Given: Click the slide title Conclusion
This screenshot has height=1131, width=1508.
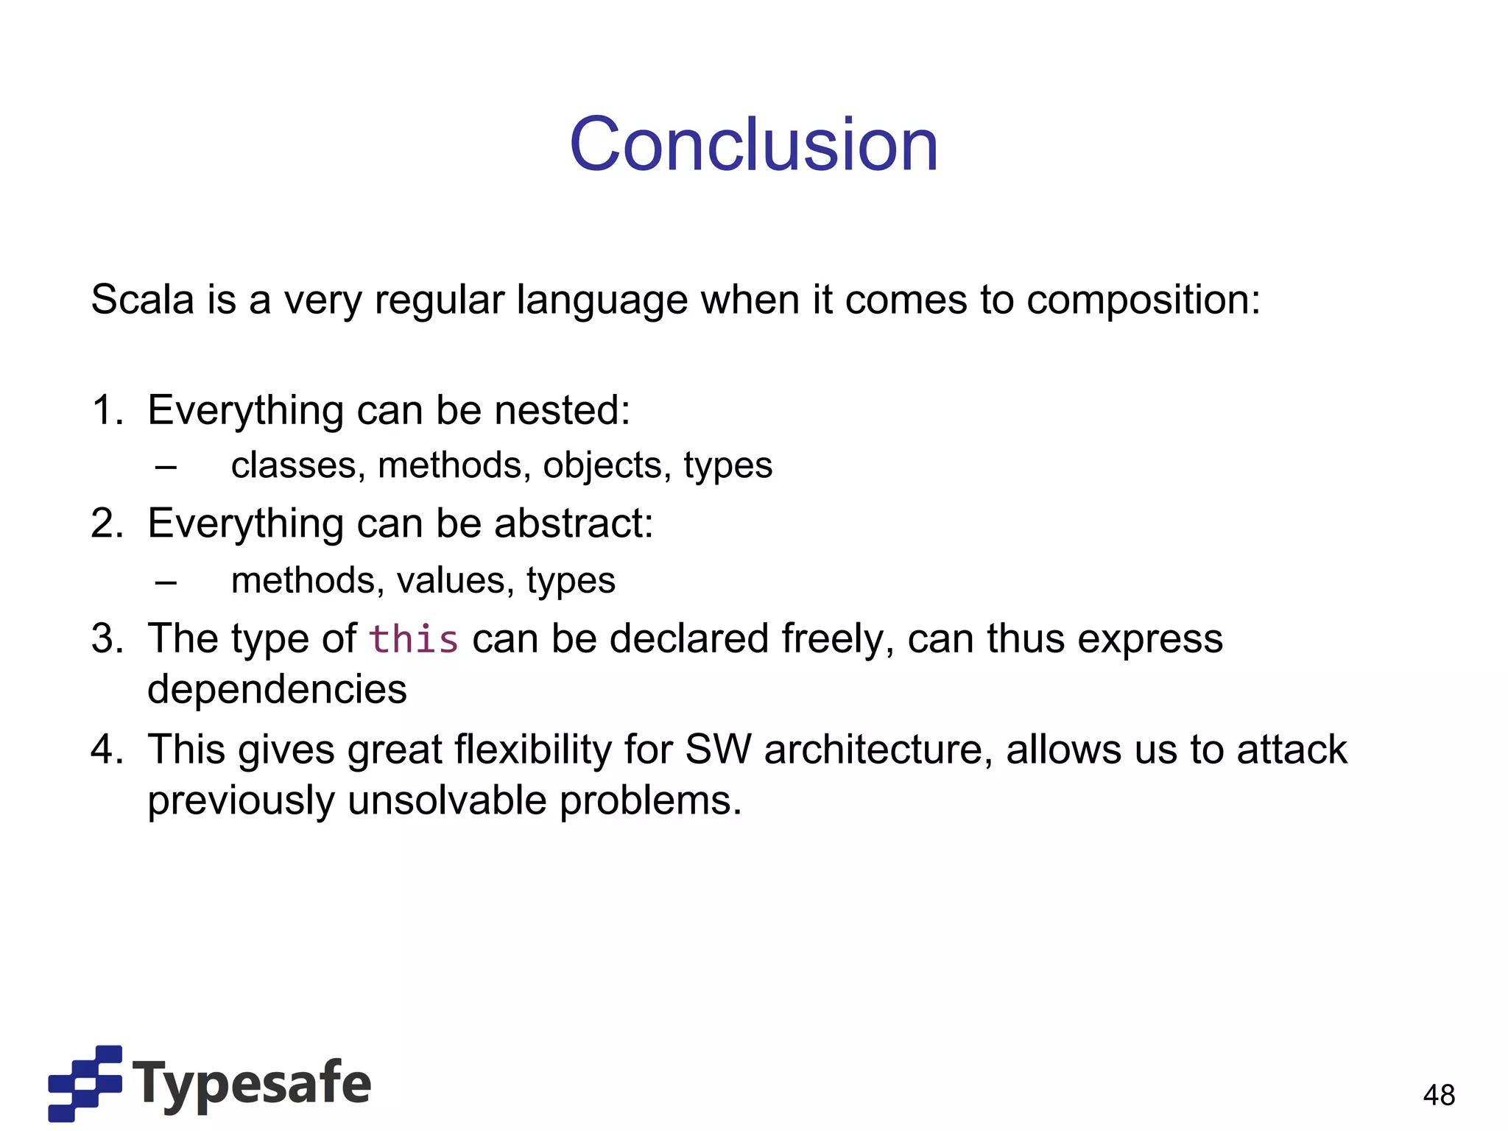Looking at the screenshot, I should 753,145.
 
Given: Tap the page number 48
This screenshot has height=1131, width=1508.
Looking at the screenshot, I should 1439,1095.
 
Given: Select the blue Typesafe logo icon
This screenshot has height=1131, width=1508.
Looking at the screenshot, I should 85,1083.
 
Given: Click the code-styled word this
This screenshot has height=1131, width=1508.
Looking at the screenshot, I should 413,639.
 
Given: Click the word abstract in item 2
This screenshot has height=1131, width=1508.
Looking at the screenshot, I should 573,524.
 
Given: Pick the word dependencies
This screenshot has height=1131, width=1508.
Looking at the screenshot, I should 277,690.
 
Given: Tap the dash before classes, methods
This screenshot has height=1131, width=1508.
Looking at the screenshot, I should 166,466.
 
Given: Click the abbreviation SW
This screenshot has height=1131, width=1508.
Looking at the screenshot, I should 718,750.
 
